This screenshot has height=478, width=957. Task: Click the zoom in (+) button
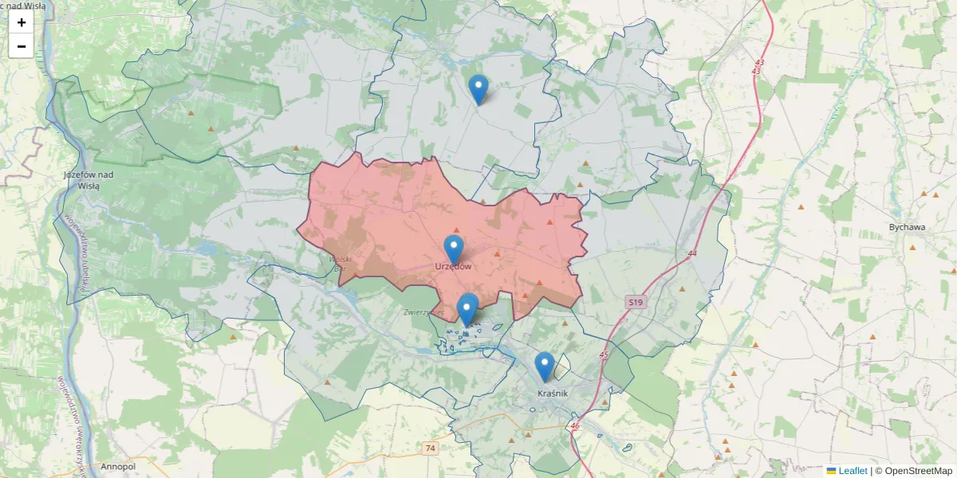(x=22, y=22)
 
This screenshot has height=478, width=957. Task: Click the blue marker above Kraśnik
(x=545, y=366)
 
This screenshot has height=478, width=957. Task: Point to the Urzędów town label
(x=453, y=266)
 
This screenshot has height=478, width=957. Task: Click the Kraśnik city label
(x=552, y=394)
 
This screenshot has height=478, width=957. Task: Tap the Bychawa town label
(x=908, y=227)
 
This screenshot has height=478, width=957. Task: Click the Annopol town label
(x=120, y=465)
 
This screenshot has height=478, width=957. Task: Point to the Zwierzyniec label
(x=423, y=312)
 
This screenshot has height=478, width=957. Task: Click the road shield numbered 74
(x=431, y=449)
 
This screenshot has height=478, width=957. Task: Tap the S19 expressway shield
(x=635, y=303)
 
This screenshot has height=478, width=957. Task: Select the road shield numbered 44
(x=691, y=253)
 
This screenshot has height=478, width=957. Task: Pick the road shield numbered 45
(x=603, y=355)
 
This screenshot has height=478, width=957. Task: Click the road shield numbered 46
(x=575, y=426)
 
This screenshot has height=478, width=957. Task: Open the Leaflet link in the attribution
(x=852, y=471)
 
